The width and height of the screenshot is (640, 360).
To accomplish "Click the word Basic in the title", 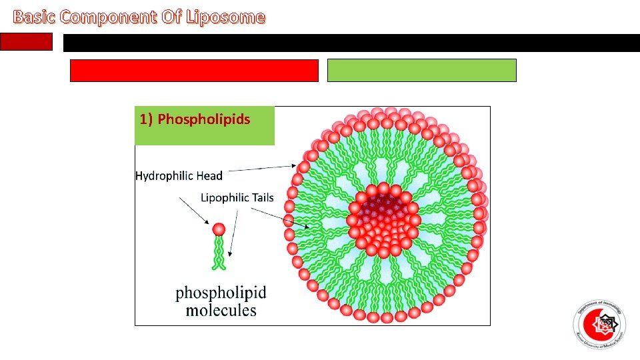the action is click(35, 17).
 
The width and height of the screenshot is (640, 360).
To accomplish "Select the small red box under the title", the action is click(26, 42).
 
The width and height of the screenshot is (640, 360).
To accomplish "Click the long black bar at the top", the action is click(351, 43).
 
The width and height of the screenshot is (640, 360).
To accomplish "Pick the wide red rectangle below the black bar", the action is click(194, 70).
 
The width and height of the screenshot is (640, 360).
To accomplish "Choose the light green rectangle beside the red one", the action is click(421, 70).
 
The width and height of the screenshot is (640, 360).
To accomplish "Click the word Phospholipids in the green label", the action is click(204, 119).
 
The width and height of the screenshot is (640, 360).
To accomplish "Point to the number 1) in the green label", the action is click(147, 119).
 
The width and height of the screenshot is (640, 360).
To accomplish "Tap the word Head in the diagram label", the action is click(209, 176).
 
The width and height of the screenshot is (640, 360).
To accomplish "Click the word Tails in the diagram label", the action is click(267, 197).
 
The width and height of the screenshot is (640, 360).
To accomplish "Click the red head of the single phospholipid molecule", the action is click(219, 230).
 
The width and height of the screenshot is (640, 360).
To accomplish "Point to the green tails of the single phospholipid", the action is click(219, 253).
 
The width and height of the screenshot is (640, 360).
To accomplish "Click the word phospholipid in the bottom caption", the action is click(221, 293).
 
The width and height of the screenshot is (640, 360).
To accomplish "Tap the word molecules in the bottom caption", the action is click(221, 310).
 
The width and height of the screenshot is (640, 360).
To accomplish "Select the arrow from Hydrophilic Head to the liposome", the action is click(261, 168).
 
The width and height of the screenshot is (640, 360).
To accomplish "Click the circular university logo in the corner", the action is click(599, 325).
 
